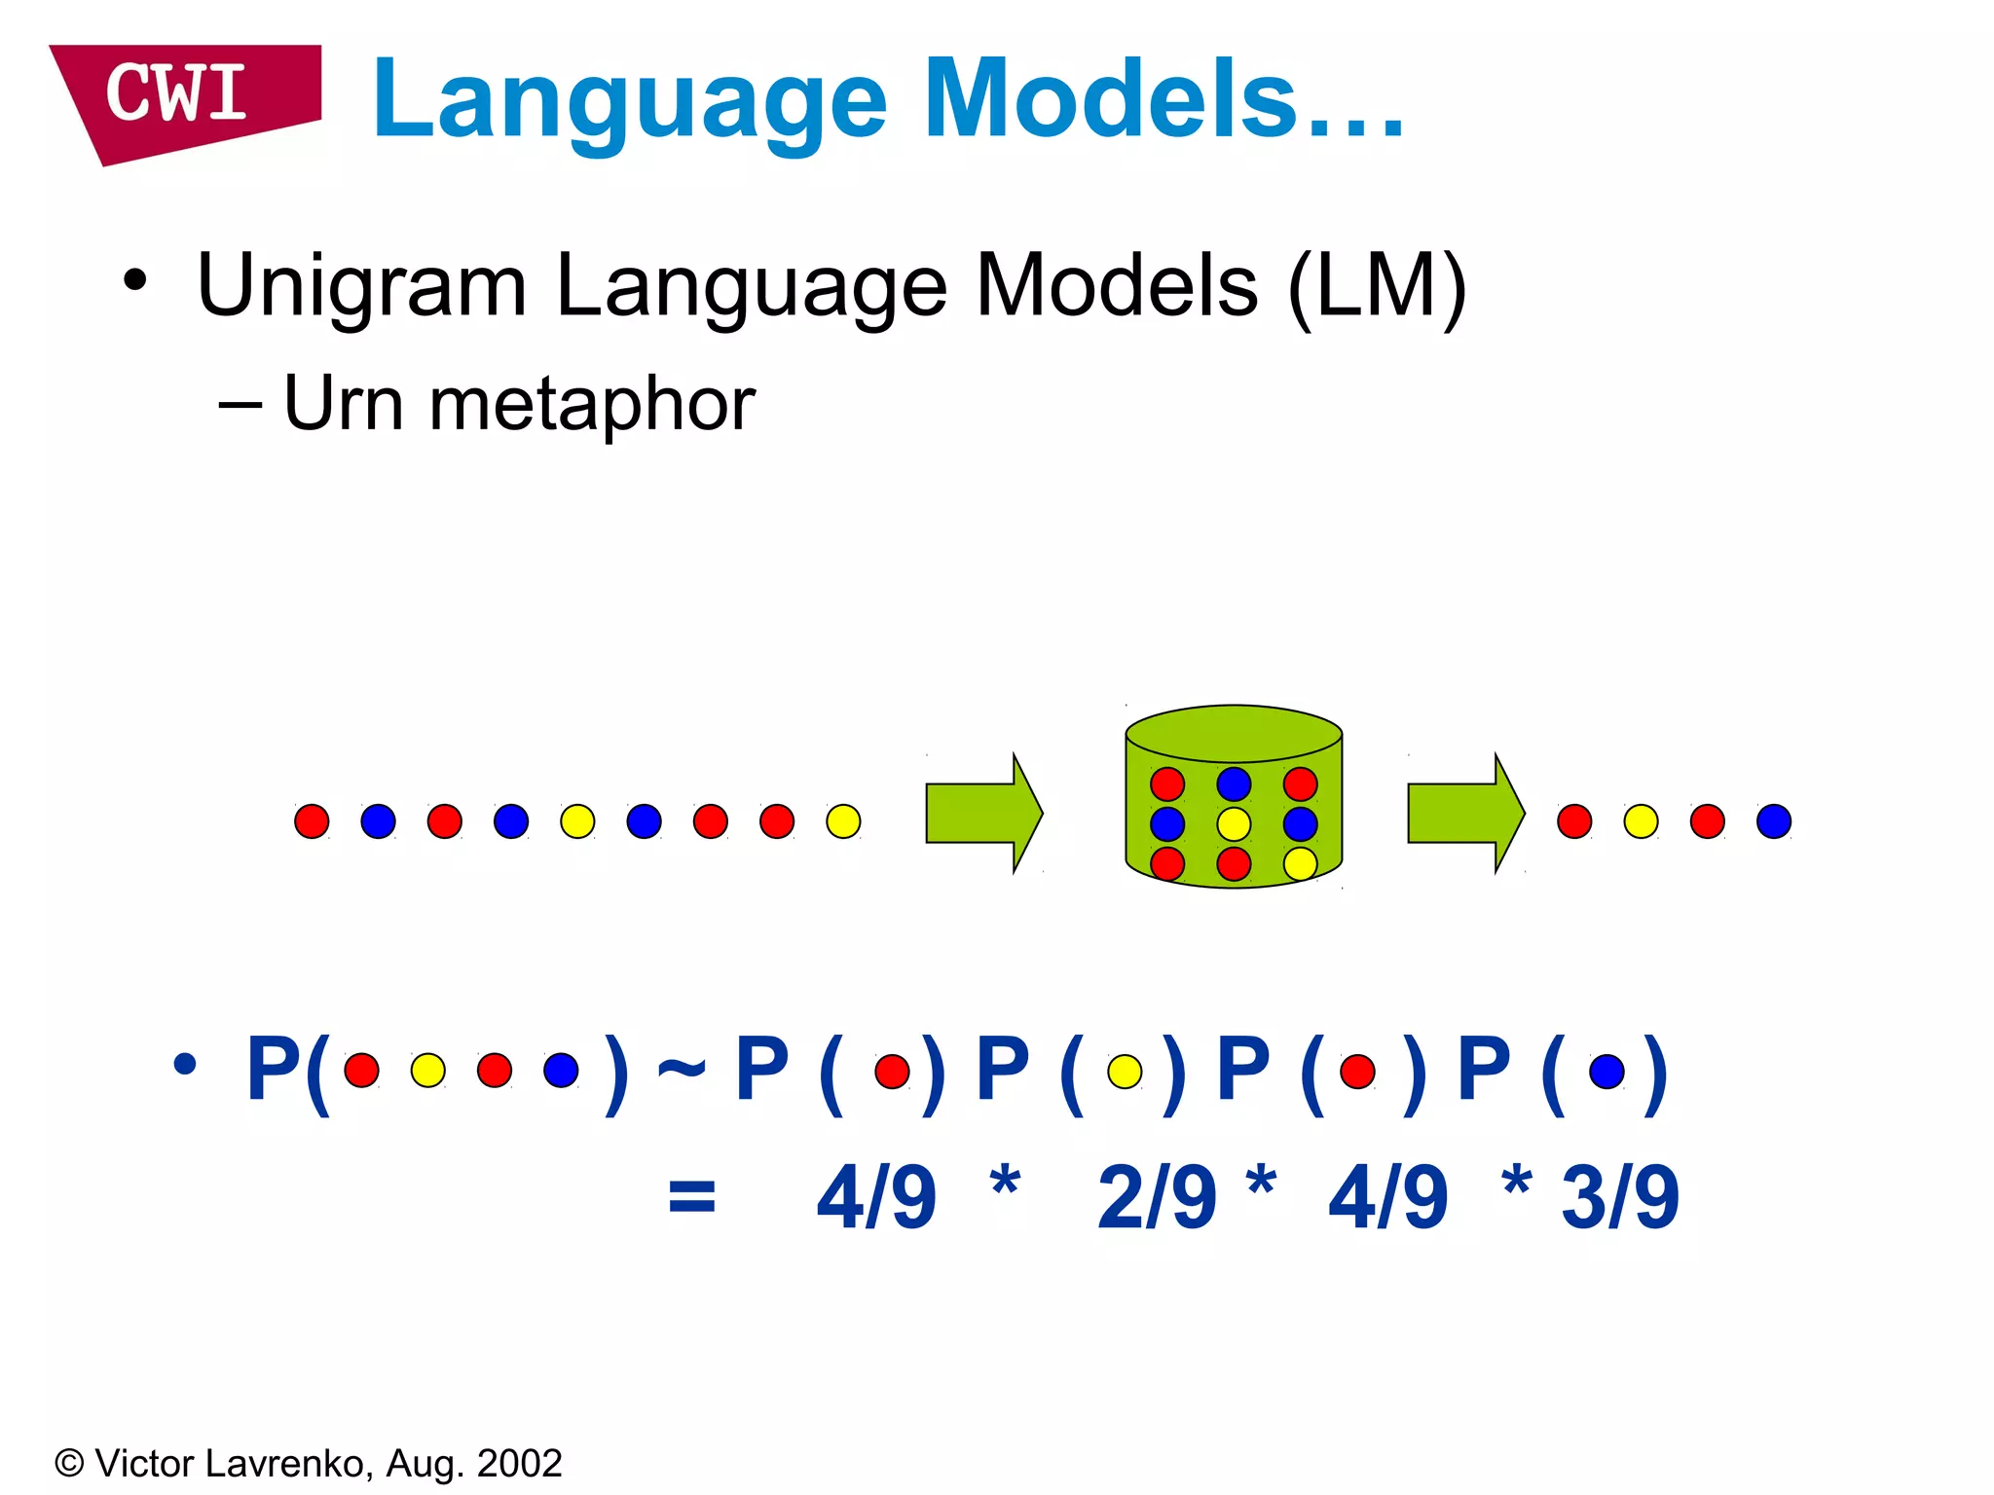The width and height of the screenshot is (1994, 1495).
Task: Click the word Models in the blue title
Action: point(1110,100)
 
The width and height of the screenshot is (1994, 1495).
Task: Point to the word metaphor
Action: point(592,404)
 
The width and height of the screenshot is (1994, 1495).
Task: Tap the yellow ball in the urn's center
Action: point(1234,824)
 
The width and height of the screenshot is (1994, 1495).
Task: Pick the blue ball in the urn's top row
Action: point(1234,784)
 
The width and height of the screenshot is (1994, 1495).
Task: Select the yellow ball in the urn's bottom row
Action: point(1300,863)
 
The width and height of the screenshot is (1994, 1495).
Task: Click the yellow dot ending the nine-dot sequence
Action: point(843,821)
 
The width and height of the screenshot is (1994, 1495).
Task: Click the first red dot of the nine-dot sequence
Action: point(312,821)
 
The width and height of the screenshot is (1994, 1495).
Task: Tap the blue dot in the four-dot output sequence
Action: point(1774,821)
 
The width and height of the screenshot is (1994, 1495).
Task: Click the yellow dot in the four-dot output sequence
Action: point(1641,821)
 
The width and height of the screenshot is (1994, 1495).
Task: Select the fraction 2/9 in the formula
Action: point(1156,1197)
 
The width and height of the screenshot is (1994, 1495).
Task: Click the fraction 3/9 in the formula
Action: point(1620,1197)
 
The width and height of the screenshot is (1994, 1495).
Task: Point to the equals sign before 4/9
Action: point(692,1197)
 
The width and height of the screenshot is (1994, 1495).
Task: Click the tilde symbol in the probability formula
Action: point(681,1071)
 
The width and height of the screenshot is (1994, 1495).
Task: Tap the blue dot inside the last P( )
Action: point(1606,1072)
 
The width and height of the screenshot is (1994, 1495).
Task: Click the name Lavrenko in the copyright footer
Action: point(283,1464)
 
